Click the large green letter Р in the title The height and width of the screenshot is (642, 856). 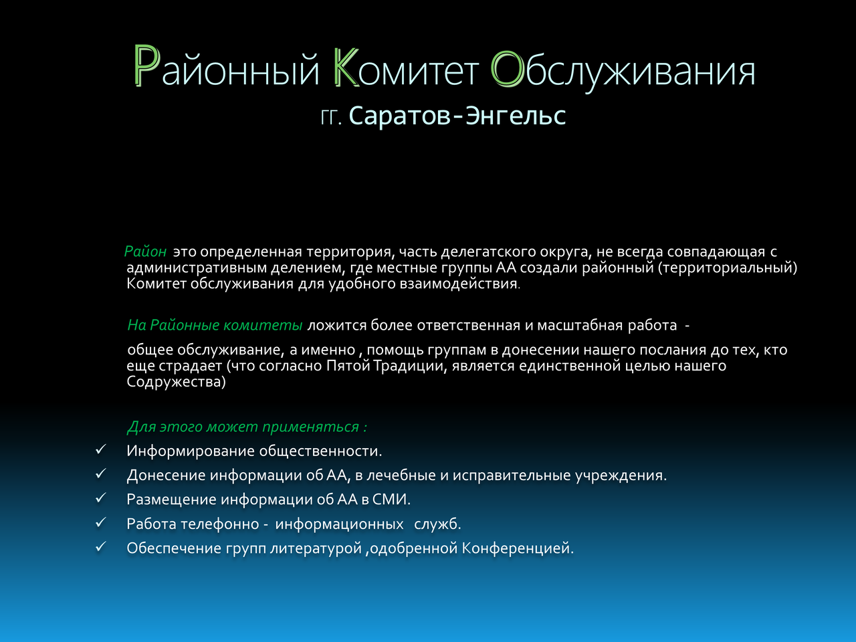pyautogui.click(x=147, y=66)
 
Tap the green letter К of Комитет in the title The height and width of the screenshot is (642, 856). pyautogui.click(x=346, y=66)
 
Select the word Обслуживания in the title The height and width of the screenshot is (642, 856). pyautogui.click(x=623, y=70)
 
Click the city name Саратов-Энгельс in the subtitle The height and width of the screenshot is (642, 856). pyautogui.click(x=457, y=116)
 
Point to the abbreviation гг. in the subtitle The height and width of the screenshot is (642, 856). pyautogui.click(x=331, y=117)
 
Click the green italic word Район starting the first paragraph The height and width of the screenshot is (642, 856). pyautogui.click(x=146, y=252)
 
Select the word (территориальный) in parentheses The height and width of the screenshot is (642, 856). pyautogui.click(x=728, y=268)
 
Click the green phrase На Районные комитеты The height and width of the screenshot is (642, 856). pyautogui.click(x=215, y=325)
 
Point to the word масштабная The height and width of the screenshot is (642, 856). pyautogui.click(x=580, y=325)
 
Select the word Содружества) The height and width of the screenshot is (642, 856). pyautogui.click(x=177, y=382)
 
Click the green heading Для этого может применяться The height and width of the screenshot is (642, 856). pyautogui.click(x=247, y=427)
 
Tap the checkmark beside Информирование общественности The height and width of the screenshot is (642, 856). pyautogui.click(x=100, y=449)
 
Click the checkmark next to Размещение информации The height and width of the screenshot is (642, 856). pyautogui.click(x=100, y=498)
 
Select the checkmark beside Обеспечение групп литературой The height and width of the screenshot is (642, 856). pyautogui.click(x=100, y=546)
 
